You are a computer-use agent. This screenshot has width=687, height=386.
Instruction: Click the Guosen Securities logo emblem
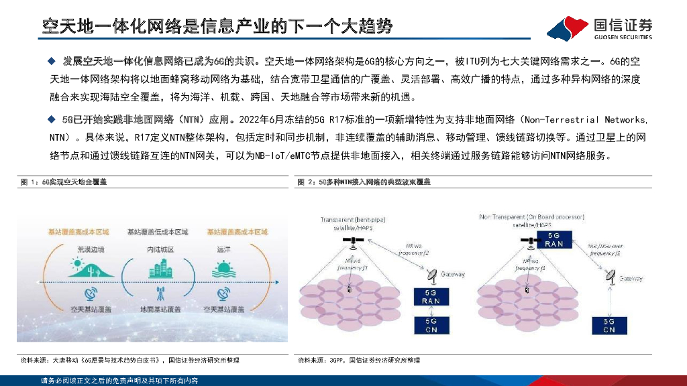click(x=568, y=27)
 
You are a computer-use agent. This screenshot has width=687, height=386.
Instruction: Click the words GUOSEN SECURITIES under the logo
click(x=623, y=36)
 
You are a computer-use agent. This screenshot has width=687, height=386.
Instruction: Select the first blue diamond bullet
click(x=51, y=62)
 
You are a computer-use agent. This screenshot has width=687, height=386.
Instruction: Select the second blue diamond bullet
click(x=51, y=120)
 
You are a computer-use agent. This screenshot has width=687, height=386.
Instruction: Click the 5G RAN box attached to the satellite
click(x=554, y=240)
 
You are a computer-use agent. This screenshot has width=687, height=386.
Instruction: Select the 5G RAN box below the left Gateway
click(x=431, y=297)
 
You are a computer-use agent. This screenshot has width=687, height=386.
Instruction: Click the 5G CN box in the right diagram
click(x=609, y=326)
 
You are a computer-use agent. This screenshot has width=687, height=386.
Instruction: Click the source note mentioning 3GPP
click(x=360, y=361)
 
